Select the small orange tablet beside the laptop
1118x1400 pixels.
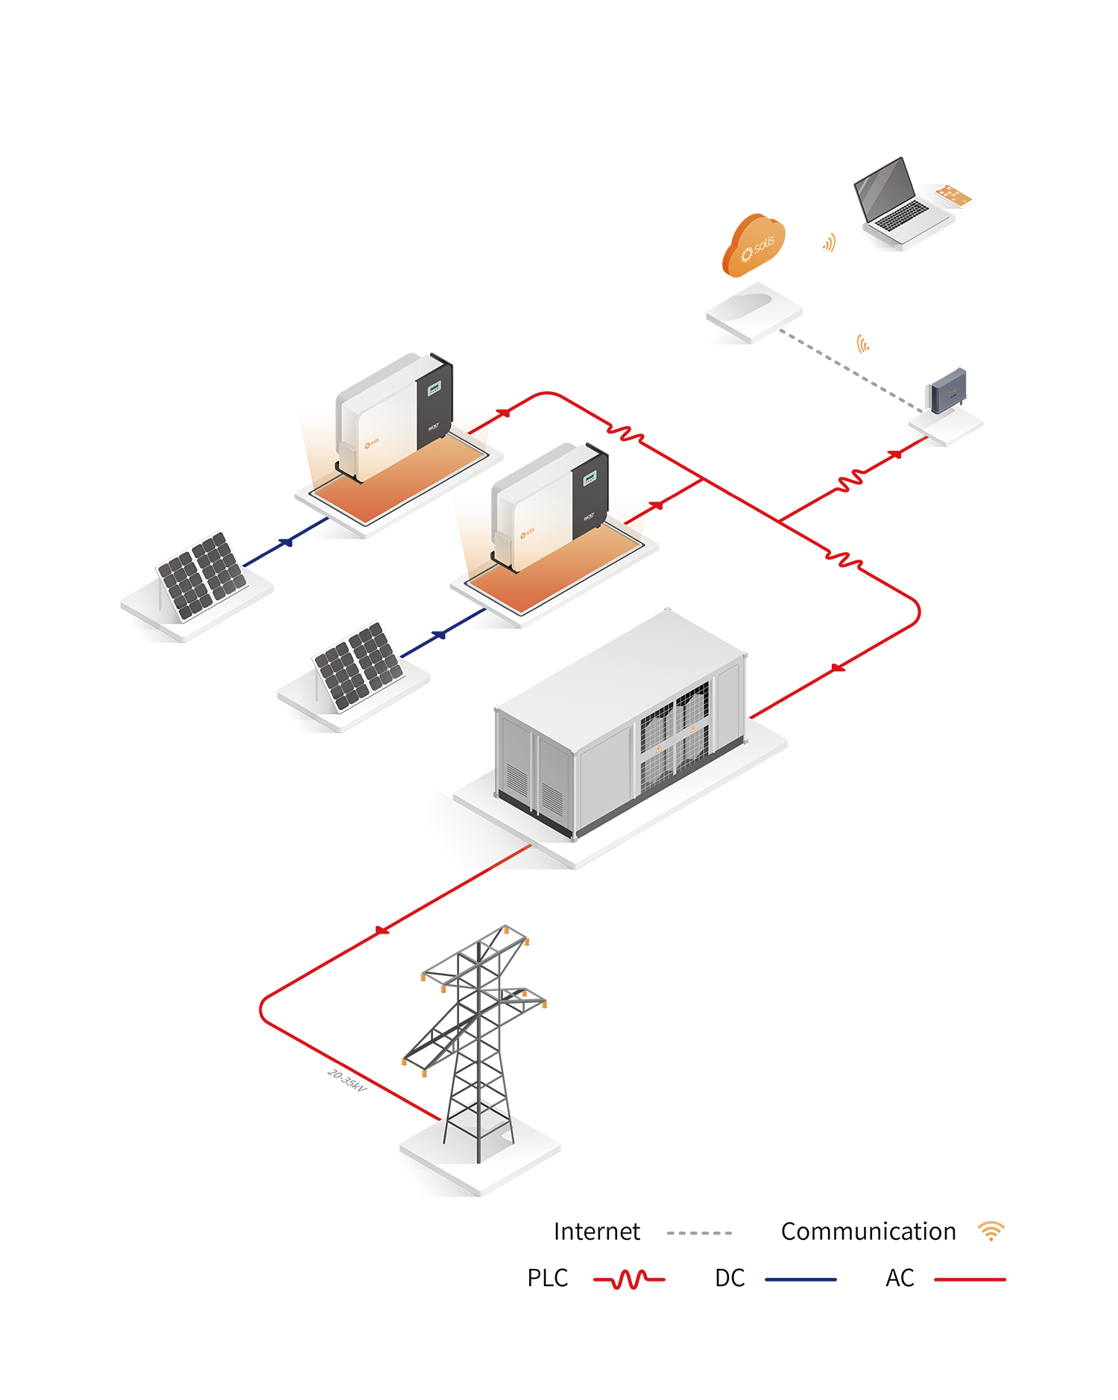coord(953,194)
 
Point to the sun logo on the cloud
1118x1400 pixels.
coord(746,255)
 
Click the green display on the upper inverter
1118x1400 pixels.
coord(434,388)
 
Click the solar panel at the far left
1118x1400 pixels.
coord(201,575)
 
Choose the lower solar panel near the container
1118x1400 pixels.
coord(359,665)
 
